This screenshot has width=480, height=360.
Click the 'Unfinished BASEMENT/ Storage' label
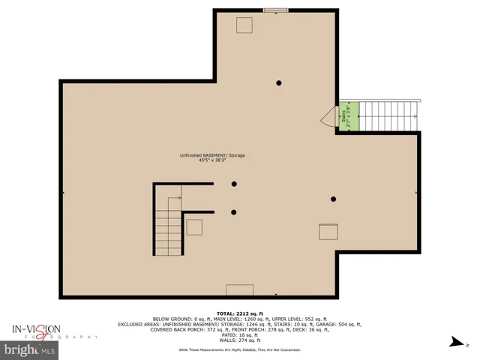click(x=212, y=155)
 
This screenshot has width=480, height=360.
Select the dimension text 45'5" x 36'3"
click(x=212, y=160)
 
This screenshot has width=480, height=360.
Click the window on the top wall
click(x=275, y=10)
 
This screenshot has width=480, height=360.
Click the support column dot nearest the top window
click(x=278, y=82)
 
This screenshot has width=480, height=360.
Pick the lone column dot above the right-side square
click(x=334, y=199)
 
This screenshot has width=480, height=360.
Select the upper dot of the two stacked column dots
click(x=234, y=184)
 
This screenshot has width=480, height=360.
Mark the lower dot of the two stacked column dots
click(x=234, y=211)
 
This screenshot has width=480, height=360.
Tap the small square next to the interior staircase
click(x=195, y=227)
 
